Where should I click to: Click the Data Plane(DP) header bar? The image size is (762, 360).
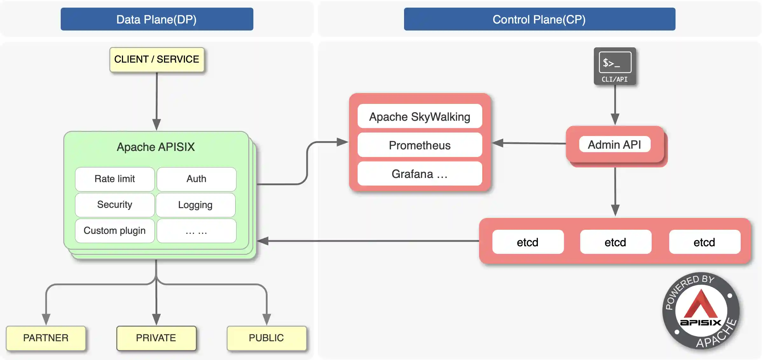(157, 19)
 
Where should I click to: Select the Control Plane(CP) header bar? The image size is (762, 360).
(539, 19)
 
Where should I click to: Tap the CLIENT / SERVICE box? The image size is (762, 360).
(157, 59)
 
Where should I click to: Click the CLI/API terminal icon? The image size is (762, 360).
(615, 66)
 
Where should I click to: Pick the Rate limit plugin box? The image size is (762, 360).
(115, 179)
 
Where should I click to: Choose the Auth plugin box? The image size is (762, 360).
(196, 179)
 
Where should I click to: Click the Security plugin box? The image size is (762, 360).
(115, 205)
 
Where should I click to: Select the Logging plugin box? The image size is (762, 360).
(196, 205)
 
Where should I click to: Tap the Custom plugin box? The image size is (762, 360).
(115, 231)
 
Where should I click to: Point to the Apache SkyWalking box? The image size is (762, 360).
(420, 117)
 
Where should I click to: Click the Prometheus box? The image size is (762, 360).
(420, 145)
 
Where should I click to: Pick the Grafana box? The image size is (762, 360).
(420, 174)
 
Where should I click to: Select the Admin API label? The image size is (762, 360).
(614, 145)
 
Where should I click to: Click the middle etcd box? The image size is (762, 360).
(615, 242)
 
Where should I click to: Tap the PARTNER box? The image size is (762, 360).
(46, 338)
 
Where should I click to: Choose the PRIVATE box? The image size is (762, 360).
(156, 338)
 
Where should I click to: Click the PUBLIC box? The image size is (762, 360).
(266, 338)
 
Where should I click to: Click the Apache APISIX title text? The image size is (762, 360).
(156, 147)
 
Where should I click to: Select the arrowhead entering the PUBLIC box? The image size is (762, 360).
(266, 319)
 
